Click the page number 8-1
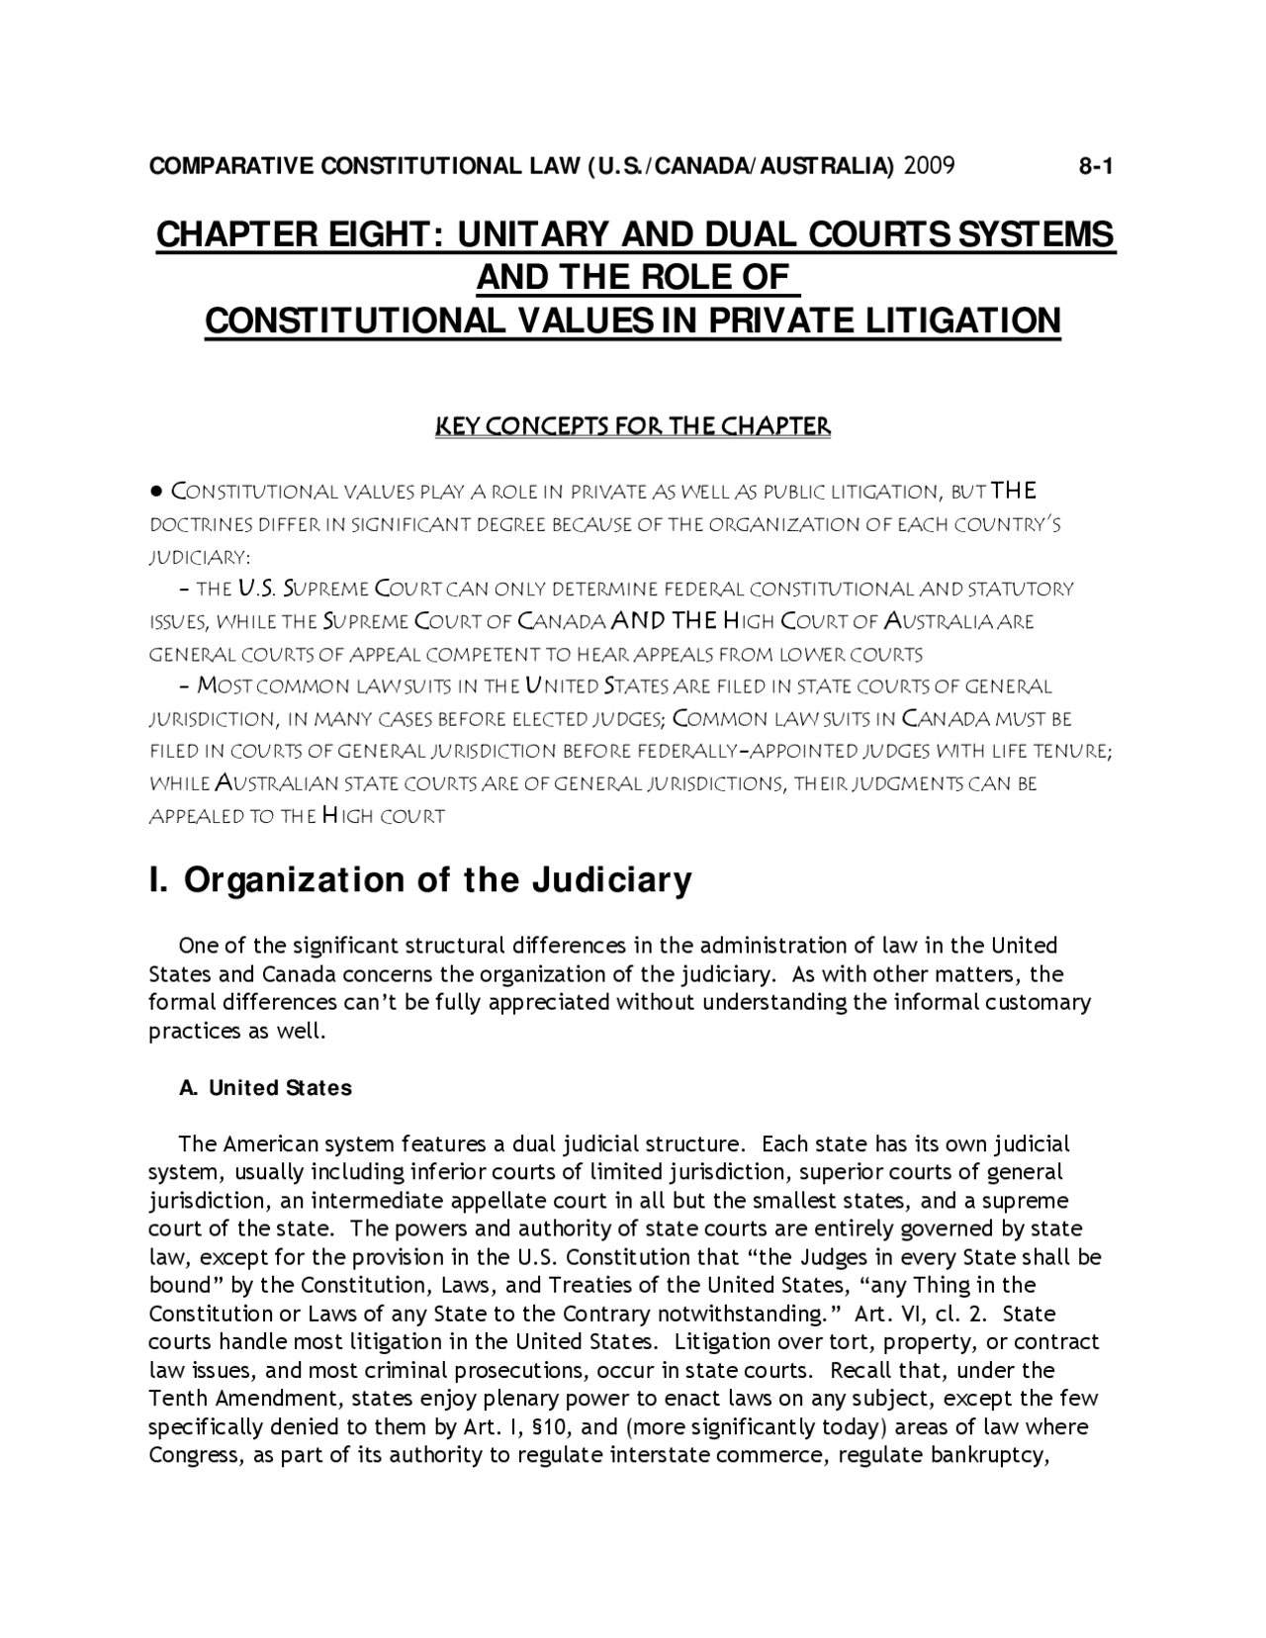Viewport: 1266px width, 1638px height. (1096, 166)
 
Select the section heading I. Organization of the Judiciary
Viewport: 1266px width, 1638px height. (420, 879)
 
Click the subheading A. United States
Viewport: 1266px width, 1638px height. (265, 1088)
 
